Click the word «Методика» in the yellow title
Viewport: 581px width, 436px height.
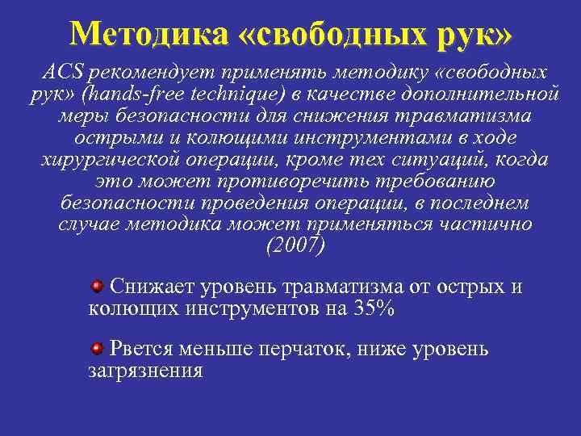148,33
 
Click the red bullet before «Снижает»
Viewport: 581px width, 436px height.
96,286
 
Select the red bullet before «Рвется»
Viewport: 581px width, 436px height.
96,348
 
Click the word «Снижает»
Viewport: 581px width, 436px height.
150,287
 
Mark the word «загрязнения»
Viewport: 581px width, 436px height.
145,371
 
